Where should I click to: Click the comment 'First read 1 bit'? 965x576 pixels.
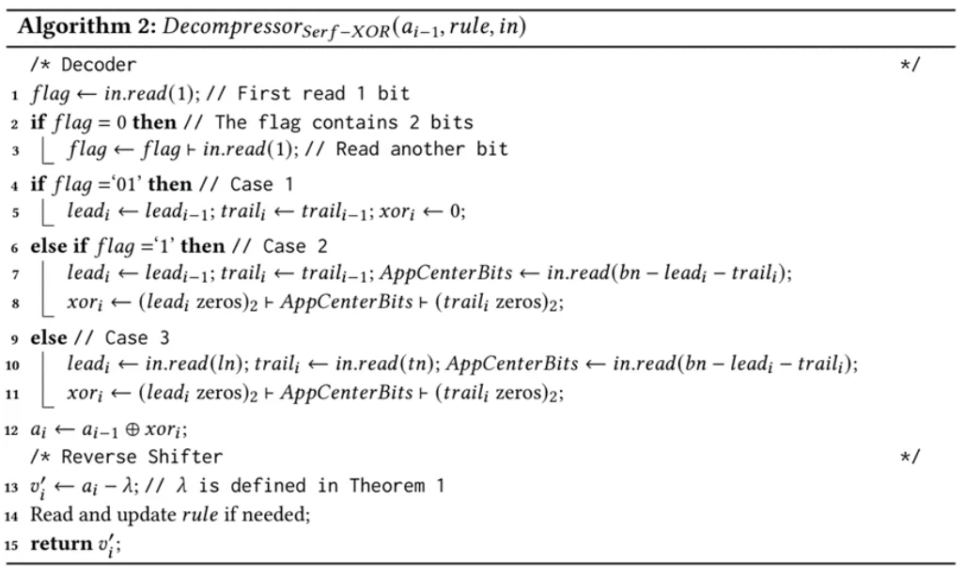pos(324,94)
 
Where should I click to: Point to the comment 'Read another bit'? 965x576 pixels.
pos(421,148)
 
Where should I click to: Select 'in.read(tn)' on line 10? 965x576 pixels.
pos(377,365)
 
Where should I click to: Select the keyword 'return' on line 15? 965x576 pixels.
pos(60,544)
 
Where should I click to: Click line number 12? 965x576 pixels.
pos(12,430)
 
